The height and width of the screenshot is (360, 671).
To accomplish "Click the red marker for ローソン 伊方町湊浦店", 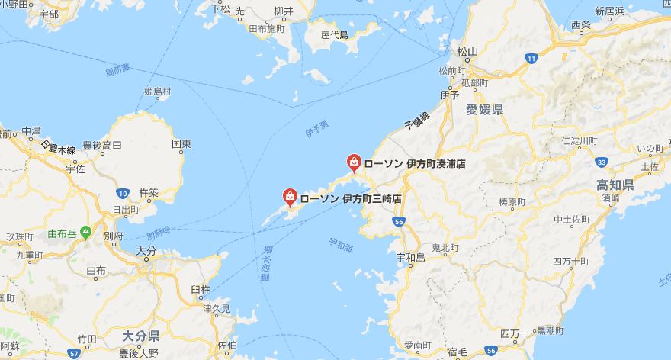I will point(355,162).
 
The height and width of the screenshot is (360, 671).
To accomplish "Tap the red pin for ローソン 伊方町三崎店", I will point(291,196).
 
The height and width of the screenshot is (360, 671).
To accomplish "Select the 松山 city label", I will point(467,52).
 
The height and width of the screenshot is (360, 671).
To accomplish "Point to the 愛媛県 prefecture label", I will point(485,110).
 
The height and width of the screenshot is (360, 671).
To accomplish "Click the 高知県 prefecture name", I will point(615,186).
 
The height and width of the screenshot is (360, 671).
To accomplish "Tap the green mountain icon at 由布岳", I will point(85,232).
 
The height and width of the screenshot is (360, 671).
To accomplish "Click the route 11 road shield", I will point(531,58).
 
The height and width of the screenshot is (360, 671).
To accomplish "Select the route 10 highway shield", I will point(124,174).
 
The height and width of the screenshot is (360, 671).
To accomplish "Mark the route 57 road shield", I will point(73,353).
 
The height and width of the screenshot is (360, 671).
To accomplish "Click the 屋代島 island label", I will point(334,34).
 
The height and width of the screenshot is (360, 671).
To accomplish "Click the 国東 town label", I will point(181,143).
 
